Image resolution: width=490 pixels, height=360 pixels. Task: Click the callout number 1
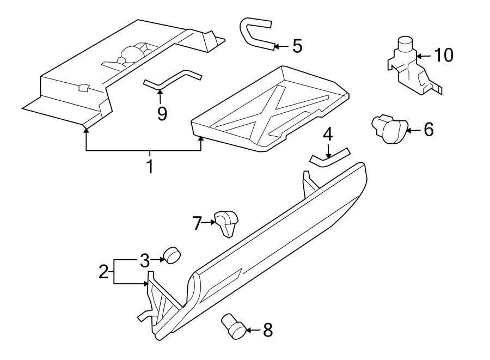(149, 166)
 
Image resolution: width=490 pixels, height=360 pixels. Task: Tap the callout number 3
(144, 260)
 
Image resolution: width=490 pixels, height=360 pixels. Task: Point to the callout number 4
(327, 134)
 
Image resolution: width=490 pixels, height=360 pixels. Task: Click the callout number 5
(297, 46)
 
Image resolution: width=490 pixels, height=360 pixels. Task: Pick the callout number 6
(428, 130)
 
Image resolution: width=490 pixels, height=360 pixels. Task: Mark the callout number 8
(267, 330)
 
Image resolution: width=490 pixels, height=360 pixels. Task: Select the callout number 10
(444, 55)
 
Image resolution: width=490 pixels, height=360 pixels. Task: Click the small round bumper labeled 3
(173, 254)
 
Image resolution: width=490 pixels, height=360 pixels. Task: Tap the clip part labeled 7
(226, 222)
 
